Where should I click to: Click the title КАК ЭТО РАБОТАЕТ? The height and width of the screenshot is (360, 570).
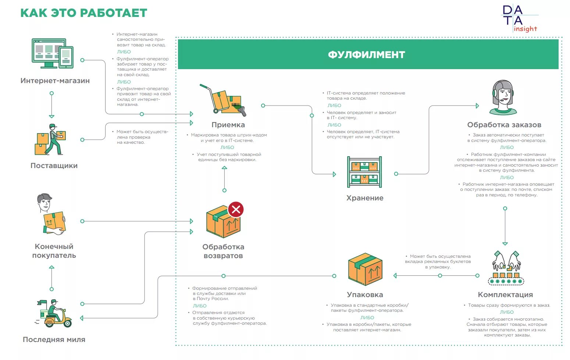[x=84, y=13]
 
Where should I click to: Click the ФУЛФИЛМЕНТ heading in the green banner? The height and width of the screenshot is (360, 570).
[x=366, y=55]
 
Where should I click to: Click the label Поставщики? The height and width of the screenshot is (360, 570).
[x=54, y=165]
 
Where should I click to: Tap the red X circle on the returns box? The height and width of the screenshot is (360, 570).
[x=236, y=210]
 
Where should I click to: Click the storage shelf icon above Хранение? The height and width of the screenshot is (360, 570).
[x=364, y=172]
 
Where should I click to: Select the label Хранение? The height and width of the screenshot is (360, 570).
[x=365, y=198]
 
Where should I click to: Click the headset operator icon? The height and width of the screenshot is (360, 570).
[x=503, y=98]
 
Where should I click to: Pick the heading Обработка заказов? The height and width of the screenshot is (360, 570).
[x=504, y=125]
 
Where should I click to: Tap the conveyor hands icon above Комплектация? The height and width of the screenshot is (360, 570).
[x=506, y=268]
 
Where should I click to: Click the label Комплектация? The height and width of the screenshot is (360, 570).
[x=505, y=295]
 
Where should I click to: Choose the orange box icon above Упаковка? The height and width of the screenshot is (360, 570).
[x=365, y=269]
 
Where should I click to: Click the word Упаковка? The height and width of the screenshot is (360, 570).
[x=365, y=295]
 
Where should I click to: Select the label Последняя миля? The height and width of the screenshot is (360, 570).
[x=54, y=339]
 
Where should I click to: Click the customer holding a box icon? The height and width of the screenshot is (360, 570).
[x=51, y=214]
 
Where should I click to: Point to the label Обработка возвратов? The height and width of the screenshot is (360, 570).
[x=223, y=251]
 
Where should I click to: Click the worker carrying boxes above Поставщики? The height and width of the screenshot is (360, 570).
[x=51, y=140]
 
